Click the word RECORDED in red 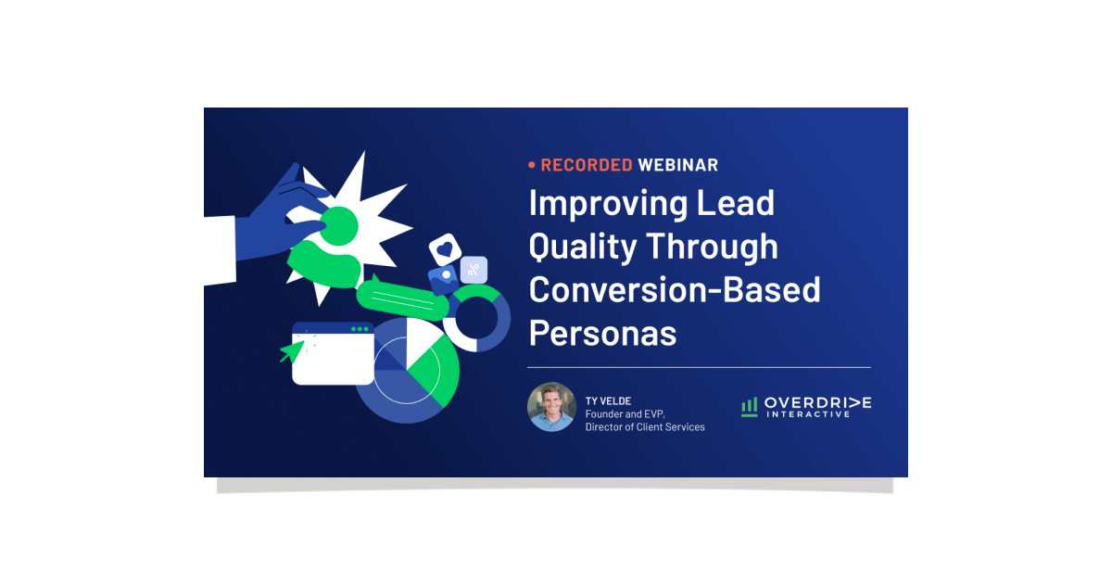pos(587,165)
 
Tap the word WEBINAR pos(678,165)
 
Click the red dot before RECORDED pos(532,165)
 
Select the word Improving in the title pos(608,204)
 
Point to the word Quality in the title pos(583,248)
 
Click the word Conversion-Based pos(675,290)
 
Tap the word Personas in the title pos(602,333)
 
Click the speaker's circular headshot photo pos(551,407)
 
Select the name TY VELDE pos(608,401)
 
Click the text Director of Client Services pos(645,427)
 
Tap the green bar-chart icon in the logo pos(750,407)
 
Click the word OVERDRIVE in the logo pos(817,402)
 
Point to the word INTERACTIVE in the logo pos(808,414)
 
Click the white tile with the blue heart pos(445,248)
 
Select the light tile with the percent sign pos(474,270)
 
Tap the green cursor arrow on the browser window pos(294,350)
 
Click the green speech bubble pos(402,298)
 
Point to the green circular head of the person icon pos(339,226)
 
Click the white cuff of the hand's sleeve pos(220,251)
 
